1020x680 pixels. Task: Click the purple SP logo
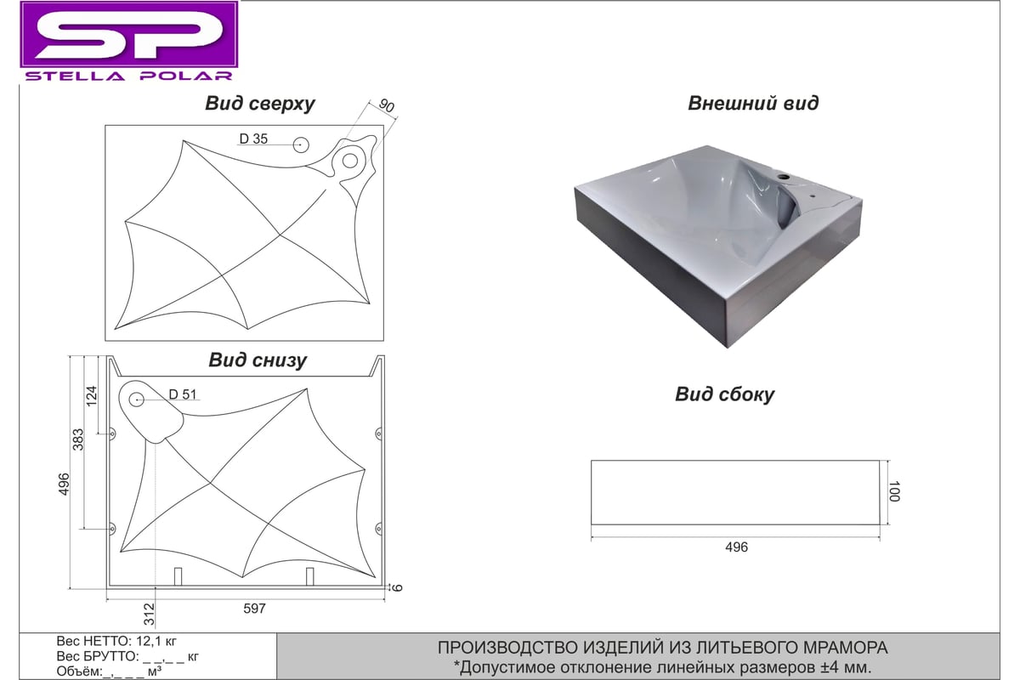(129, 35)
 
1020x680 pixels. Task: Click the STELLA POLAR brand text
(129, 76)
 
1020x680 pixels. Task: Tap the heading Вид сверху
(259, 104)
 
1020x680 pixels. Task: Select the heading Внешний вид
(753, 103)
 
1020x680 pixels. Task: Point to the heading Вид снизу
(258, 360)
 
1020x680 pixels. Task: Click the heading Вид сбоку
(724, 394)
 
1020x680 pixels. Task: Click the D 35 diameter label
(253, 139)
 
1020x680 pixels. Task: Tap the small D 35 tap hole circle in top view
(301, 145)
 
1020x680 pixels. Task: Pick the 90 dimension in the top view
(386, 105)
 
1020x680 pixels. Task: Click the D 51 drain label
(183, 394)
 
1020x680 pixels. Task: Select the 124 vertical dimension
(92, 396)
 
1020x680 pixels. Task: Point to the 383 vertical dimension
(78, 439)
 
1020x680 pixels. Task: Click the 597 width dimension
(254, 609)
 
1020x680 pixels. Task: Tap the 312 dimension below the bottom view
(150, 615)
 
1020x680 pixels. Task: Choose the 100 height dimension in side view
(894, 491)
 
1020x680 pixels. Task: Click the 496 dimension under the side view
(736, 547)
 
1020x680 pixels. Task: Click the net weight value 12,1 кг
(156, 641)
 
